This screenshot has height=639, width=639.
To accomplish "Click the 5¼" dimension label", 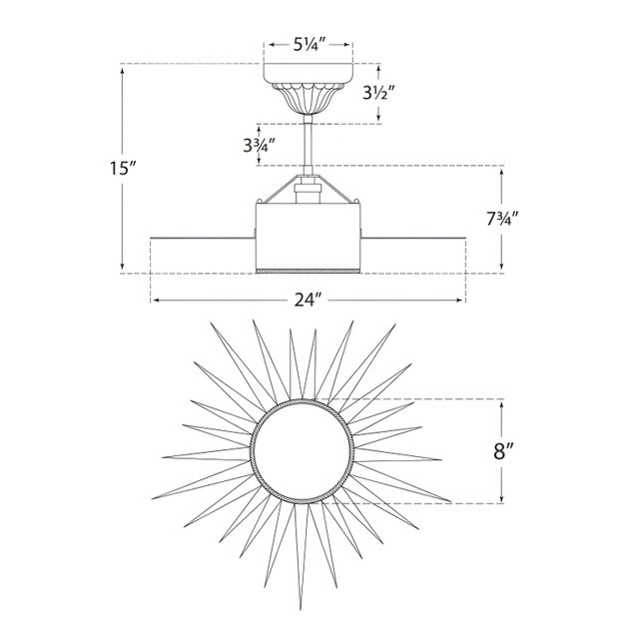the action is coord(309,44).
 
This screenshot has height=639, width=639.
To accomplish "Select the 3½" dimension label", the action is coord(379,94).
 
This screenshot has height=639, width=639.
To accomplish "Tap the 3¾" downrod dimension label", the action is coord(260,145).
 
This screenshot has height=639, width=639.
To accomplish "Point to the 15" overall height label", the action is coord(122,168).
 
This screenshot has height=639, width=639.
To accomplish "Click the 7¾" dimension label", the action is coord(501,219).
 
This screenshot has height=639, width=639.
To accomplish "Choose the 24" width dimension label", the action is coord(309,301).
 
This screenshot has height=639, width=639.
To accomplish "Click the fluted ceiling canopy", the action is coord(309,89).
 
